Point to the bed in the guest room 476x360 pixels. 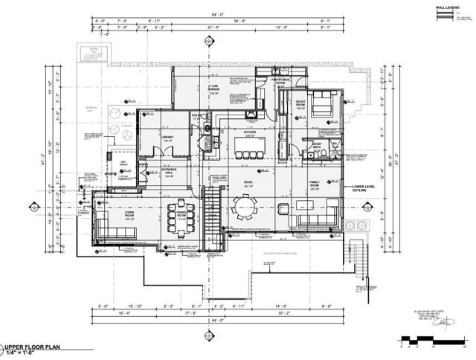coord(322,103)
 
